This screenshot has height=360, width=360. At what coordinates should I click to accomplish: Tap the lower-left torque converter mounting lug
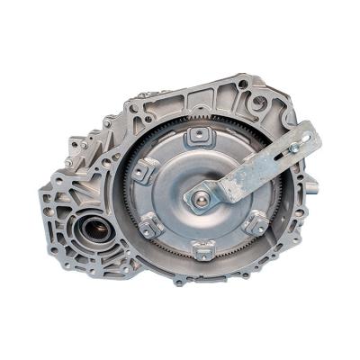pyautogui.click(x=148, y=228)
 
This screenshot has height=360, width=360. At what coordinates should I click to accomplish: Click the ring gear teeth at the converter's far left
pyautogui.click(x=127, y=193)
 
